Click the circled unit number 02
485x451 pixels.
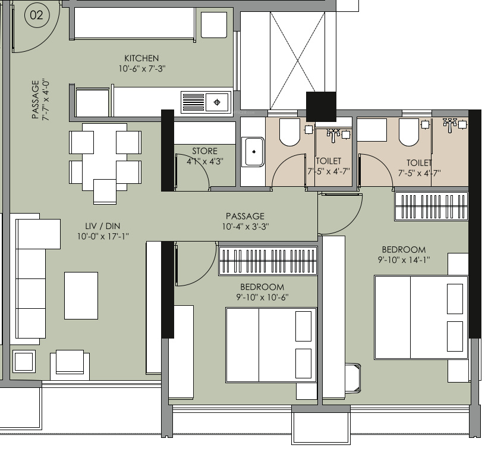pyautogui.click(x=36, y=15)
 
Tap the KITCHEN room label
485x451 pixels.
pyautogui.click(x=141, y=58)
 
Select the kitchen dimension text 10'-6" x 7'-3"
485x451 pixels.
pyautogui.click(x=142, y=68)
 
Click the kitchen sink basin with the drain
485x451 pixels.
pyautogui.click(x=217, y=102)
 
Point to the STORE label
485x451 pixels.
pyautogui.click(x=205, y=151)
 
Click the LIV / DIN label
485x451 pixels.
pyautogui.click(x=103, y=226)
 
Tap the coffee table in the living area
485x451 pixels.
pyautogui.click(x=81, y=296)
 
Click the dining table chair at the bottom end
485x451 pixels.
pyautogui.click(x=105, y=192)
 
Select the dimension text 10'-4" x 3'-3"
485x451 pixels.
pyautogui.click(x=245, y=227)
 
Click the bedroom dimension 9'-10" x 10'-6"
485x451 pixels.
pyautogui.click(x=262, y=297)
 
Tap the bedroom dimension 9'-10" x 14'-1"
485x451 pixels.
pyautogui.click(x=404, y=259)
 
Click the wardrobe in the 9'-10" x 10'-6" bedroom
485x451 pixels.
pyautogui.click(x=268, y=261)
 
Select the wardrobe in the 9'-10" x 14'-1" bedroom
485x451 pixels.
pyautogui.click(x=431, y=206)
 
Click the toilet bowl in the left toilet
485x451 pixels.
pyautogui.click(x=290, y=132)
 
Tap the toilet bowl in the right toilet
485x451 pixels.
pyautogui.click(x=409, y=132)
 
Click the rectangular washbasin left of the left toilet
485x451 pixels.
pyautogui.click(x=253, y=152)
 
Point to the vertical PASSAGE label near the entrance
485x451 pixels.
pyautogui.click(x=36, y=100)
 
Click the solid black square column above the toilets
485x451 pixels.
pyautogui.click(x=321, y=107)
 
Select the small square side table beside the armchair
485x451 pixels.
pyautogui.click(x=24, y=362)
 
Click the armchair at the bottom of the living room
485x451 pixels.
pyautogui.click(x=70, y=365)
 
